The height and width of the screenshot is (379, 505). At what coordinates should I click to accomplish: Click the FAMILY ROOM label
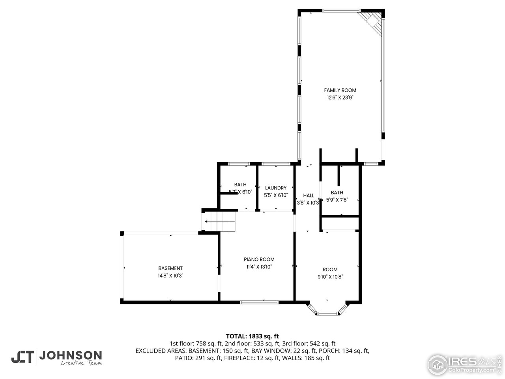[340, 90]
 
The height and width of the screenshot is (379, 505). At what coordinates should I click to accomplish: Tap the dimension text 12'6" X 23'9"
[340, 98]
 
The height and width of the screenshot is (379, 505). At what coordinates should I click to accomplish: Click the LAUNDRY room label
[275, 188]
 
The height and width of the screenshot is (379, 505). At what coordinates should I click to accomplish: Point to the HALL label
[309, 195]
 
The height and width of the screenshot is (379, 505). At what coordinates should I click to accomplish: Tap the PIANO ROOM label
[259, 259]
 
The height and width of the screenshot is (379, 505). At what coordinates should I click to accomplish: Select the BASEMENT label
[170, 268]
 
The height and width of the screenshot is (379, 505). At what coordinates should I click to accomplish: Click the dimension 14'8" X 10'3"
[170, 276]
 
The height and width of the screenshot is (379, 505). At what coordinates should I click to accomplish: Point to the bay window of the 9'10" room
[328, 313]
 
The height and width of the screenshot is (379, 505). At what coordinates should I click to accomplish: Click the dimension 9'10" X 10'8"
[330, 277]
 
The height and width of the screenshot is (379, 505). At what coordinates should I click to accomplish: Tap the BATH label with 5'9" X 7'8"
[337, 193]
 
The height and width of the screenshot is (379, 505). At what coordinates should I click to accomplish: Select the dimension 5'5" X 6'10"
[275, 195]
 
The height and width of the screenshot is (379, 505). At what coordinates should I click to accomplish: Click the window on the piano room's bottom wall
[259, 302]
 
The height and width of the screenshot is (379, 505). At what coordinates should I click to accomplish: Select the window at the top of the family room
[341, 11]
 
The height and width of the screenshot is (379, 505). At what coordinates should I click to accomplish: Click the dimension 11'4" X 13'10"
[259, 267]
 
